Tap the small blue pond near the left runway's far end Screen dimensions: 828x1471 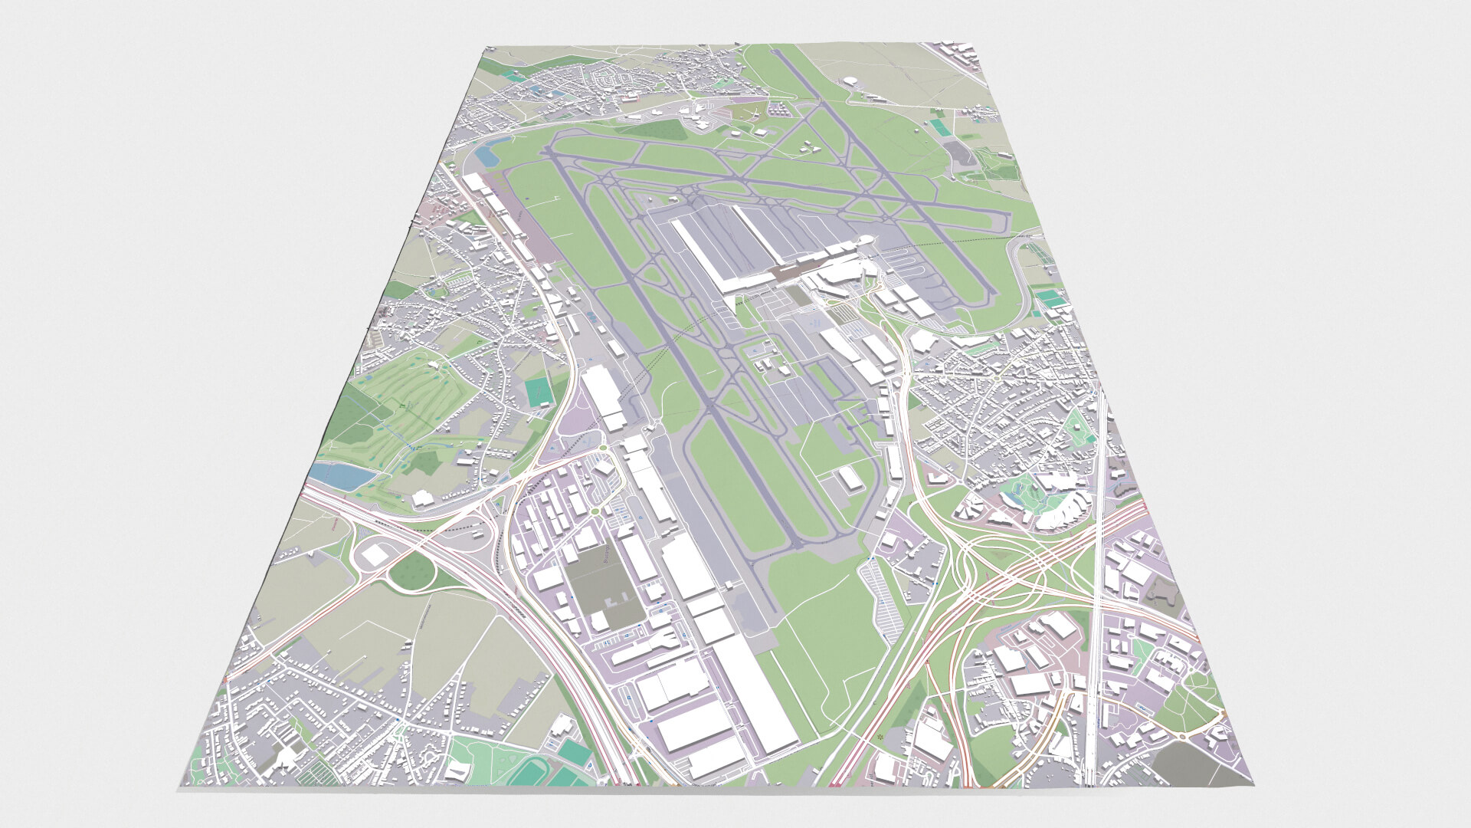486,156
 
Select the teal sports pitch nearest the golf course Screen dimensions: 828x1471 540,393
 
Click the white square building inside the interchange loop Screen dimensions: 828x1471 375,554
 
